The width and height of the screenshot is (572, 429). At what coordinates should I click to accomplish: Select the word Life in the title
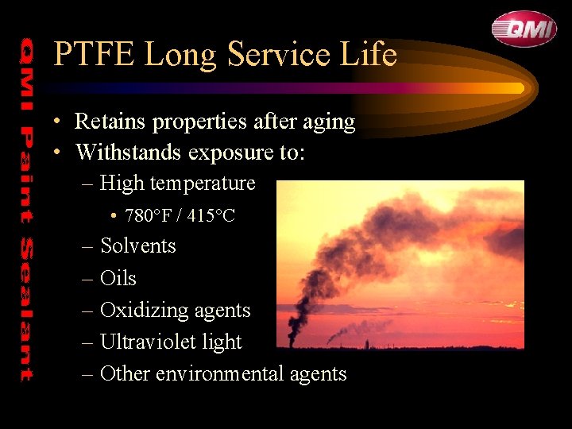click(x=370, y=55)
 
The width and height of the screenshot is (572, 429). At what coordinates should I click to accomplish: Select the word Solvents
click(x=138, y=246)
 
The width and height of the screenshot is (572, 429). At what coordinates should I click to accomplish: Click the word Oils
click(x=118, y=278)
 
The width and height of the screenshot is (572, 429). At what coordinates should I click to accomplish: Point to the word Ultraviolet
click(x=149, y=342)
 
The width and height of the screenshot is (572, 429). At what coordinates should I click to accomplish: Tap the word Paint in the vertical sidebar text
click(x=26, y=171)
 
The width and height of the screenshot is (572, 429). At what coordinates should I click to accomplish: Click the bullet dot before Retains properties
click(x=59, y=122)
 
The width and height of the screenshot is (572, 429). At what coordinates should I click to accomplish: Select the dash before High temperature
click(x=87, y=184)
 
